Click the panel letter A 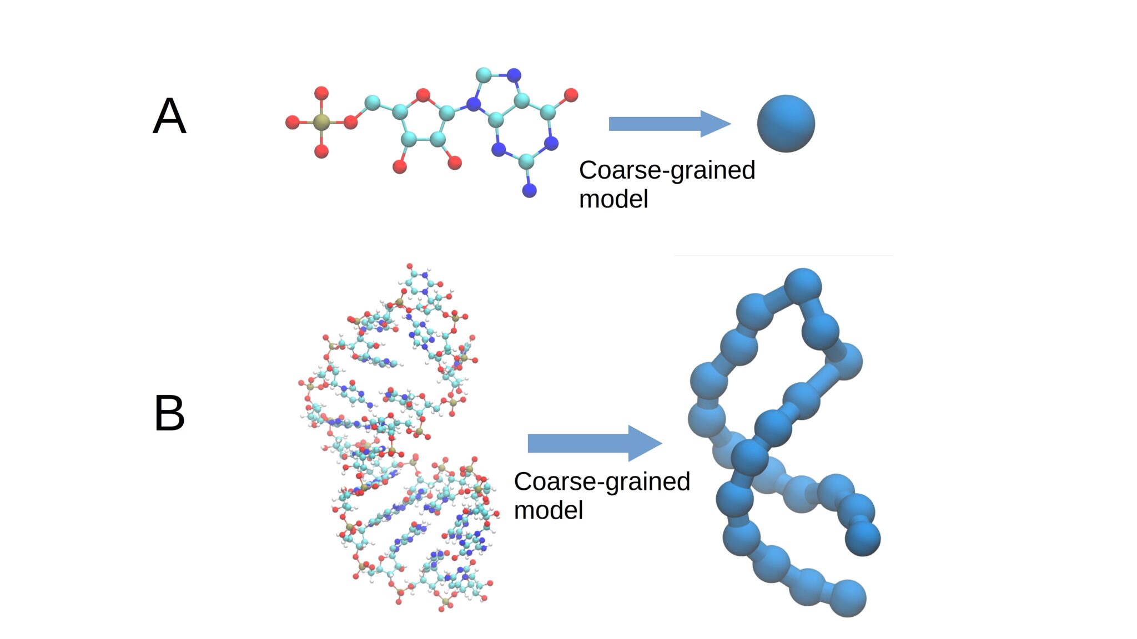[x=169, y=116]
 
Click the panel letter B [x=169, y=413]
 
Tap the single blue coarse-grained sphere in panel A [x=786, y=123]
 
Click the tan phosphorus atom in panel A [x=321, y=122]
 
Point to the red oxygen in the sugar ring [x=423, y=95]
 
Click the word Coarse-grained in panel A [x=666, y=170]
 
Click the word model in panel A [x=613, y=199]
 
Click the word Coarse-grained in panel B [x=601, y=481]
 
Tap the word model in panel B [x=548, y=510]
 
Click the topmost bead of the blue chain [x=803, y=286]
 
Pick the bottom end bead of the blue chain [x=847, y=598]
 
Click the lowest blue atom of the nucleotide [x=530, y=191]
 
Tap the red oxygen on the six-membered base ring [x=571, y=95]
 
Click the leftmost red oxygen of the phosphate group [x=293, y=122]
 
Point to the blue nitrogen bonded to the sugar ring [x=474, y=104]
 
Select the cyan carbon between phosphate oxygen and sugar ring [x=372, y=103]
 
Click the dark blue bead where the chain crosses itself [x=749, y=457]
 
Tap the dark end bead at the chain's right [x=862, y=538]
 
